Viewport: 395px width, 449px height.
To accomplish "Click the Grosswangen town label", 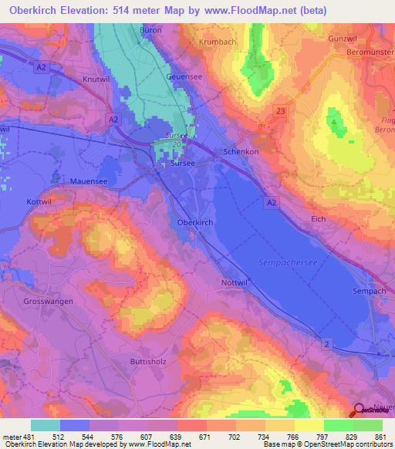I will (x=49, y=302).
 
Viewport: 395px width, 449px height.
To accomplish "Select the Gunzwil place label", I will (x=346, y=38).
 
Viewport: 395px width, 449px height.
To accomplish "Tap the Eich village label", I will (x=317, y=219).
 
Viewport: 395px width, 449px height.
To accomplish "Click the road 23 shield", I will (x=279, y=112).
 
